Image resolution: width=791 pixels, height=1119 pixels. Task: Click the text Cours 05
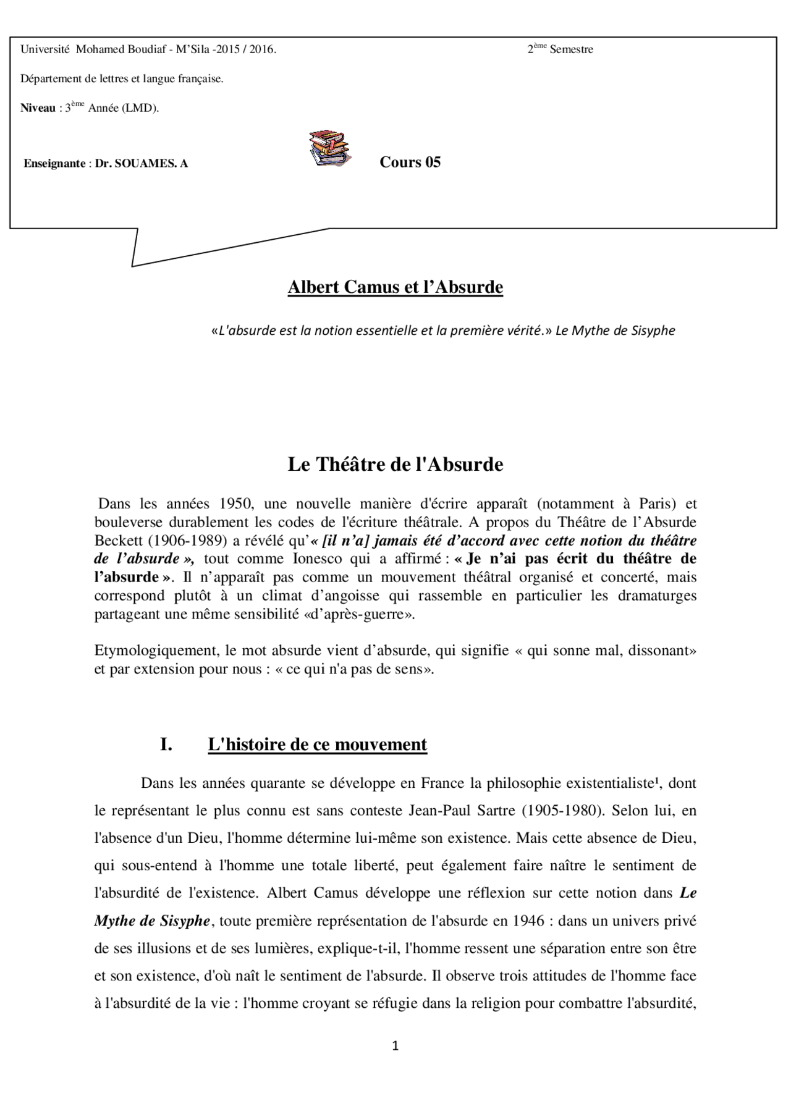(x=410, y=163)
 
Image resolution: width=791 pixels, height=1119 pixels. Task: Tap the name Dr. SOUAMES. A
(x=142, y=164)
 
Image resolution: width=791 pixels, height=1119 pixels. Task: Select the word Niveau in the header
(x=38, y=108)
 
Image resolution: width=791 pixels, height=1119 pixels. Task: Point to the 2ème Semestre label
(x=560, y=49)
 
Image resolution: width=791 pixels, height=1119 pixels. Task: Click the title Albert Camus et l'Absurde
(x=395, y=287)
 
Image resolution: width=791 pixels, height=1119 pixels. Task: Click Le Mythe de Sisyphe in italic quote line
(x=615, y=331)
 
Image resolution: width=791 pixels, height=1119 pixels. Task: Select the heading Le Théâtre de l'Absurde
(x=395, y=465)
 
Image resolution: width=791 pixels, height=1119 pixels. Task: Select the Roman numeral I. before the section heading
(x=166, y=745)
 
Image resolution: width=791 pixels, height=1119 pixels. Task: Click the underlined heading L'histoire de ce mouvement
(x=317, y=745)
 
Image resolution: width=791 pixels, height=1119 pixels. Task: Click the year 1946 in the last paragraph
(x=527, y=921)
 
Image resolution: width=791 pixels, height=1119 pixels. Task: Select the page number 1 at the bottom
(x=395, y=1046)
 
